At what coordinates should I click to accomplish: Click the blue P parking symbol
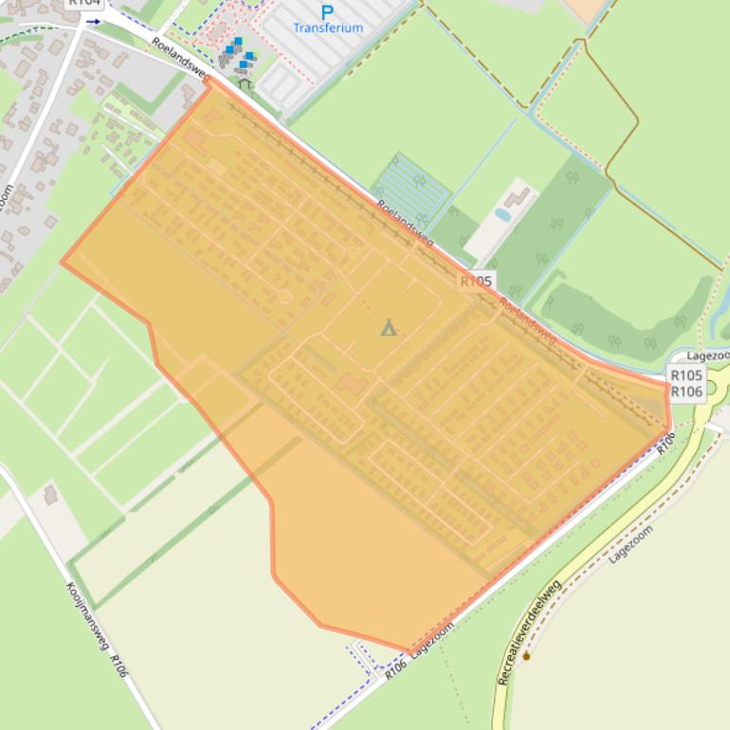(327, 12)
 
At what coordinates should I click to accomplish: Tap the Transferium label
(328, 28)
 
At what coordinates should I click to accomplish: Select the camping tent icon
(388, 328)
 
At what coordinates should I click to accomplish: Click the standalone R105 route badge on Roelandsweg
(476, 282)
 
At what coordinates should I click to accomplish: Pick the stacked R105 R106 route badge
(686, 384)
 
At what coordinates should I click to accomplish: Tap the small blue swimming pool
(502, 215)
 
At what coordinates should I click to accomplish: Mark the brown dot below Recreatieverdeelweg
(526, 655)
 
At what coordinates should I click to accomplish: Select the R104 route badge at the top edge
(84, 3)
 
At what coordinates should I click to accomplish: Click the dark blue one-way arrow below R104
(93, 20)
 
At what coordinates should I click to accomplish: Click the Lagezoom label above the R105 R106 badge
(707, 356)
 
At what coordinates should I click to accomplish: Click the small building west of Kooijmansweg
(50, 495)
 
